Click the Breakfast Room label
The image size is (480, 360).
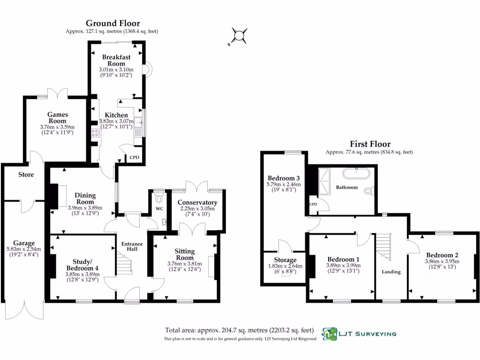click(116, 60)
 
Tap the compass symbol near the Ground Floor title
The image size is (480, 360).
click(240, 35)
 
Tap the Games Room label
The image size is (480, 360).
click(57, 118)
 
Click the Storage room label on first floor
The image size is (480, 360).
click(285, 260)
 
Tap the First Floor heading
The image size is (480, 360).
click(370, 144)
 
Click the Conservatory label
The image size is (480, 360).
click(197, 202)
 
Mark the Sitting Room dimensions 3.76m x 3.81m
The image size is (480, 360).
click(184, 263)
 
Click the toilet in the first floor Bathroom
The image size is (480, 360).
click(369, 191)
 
